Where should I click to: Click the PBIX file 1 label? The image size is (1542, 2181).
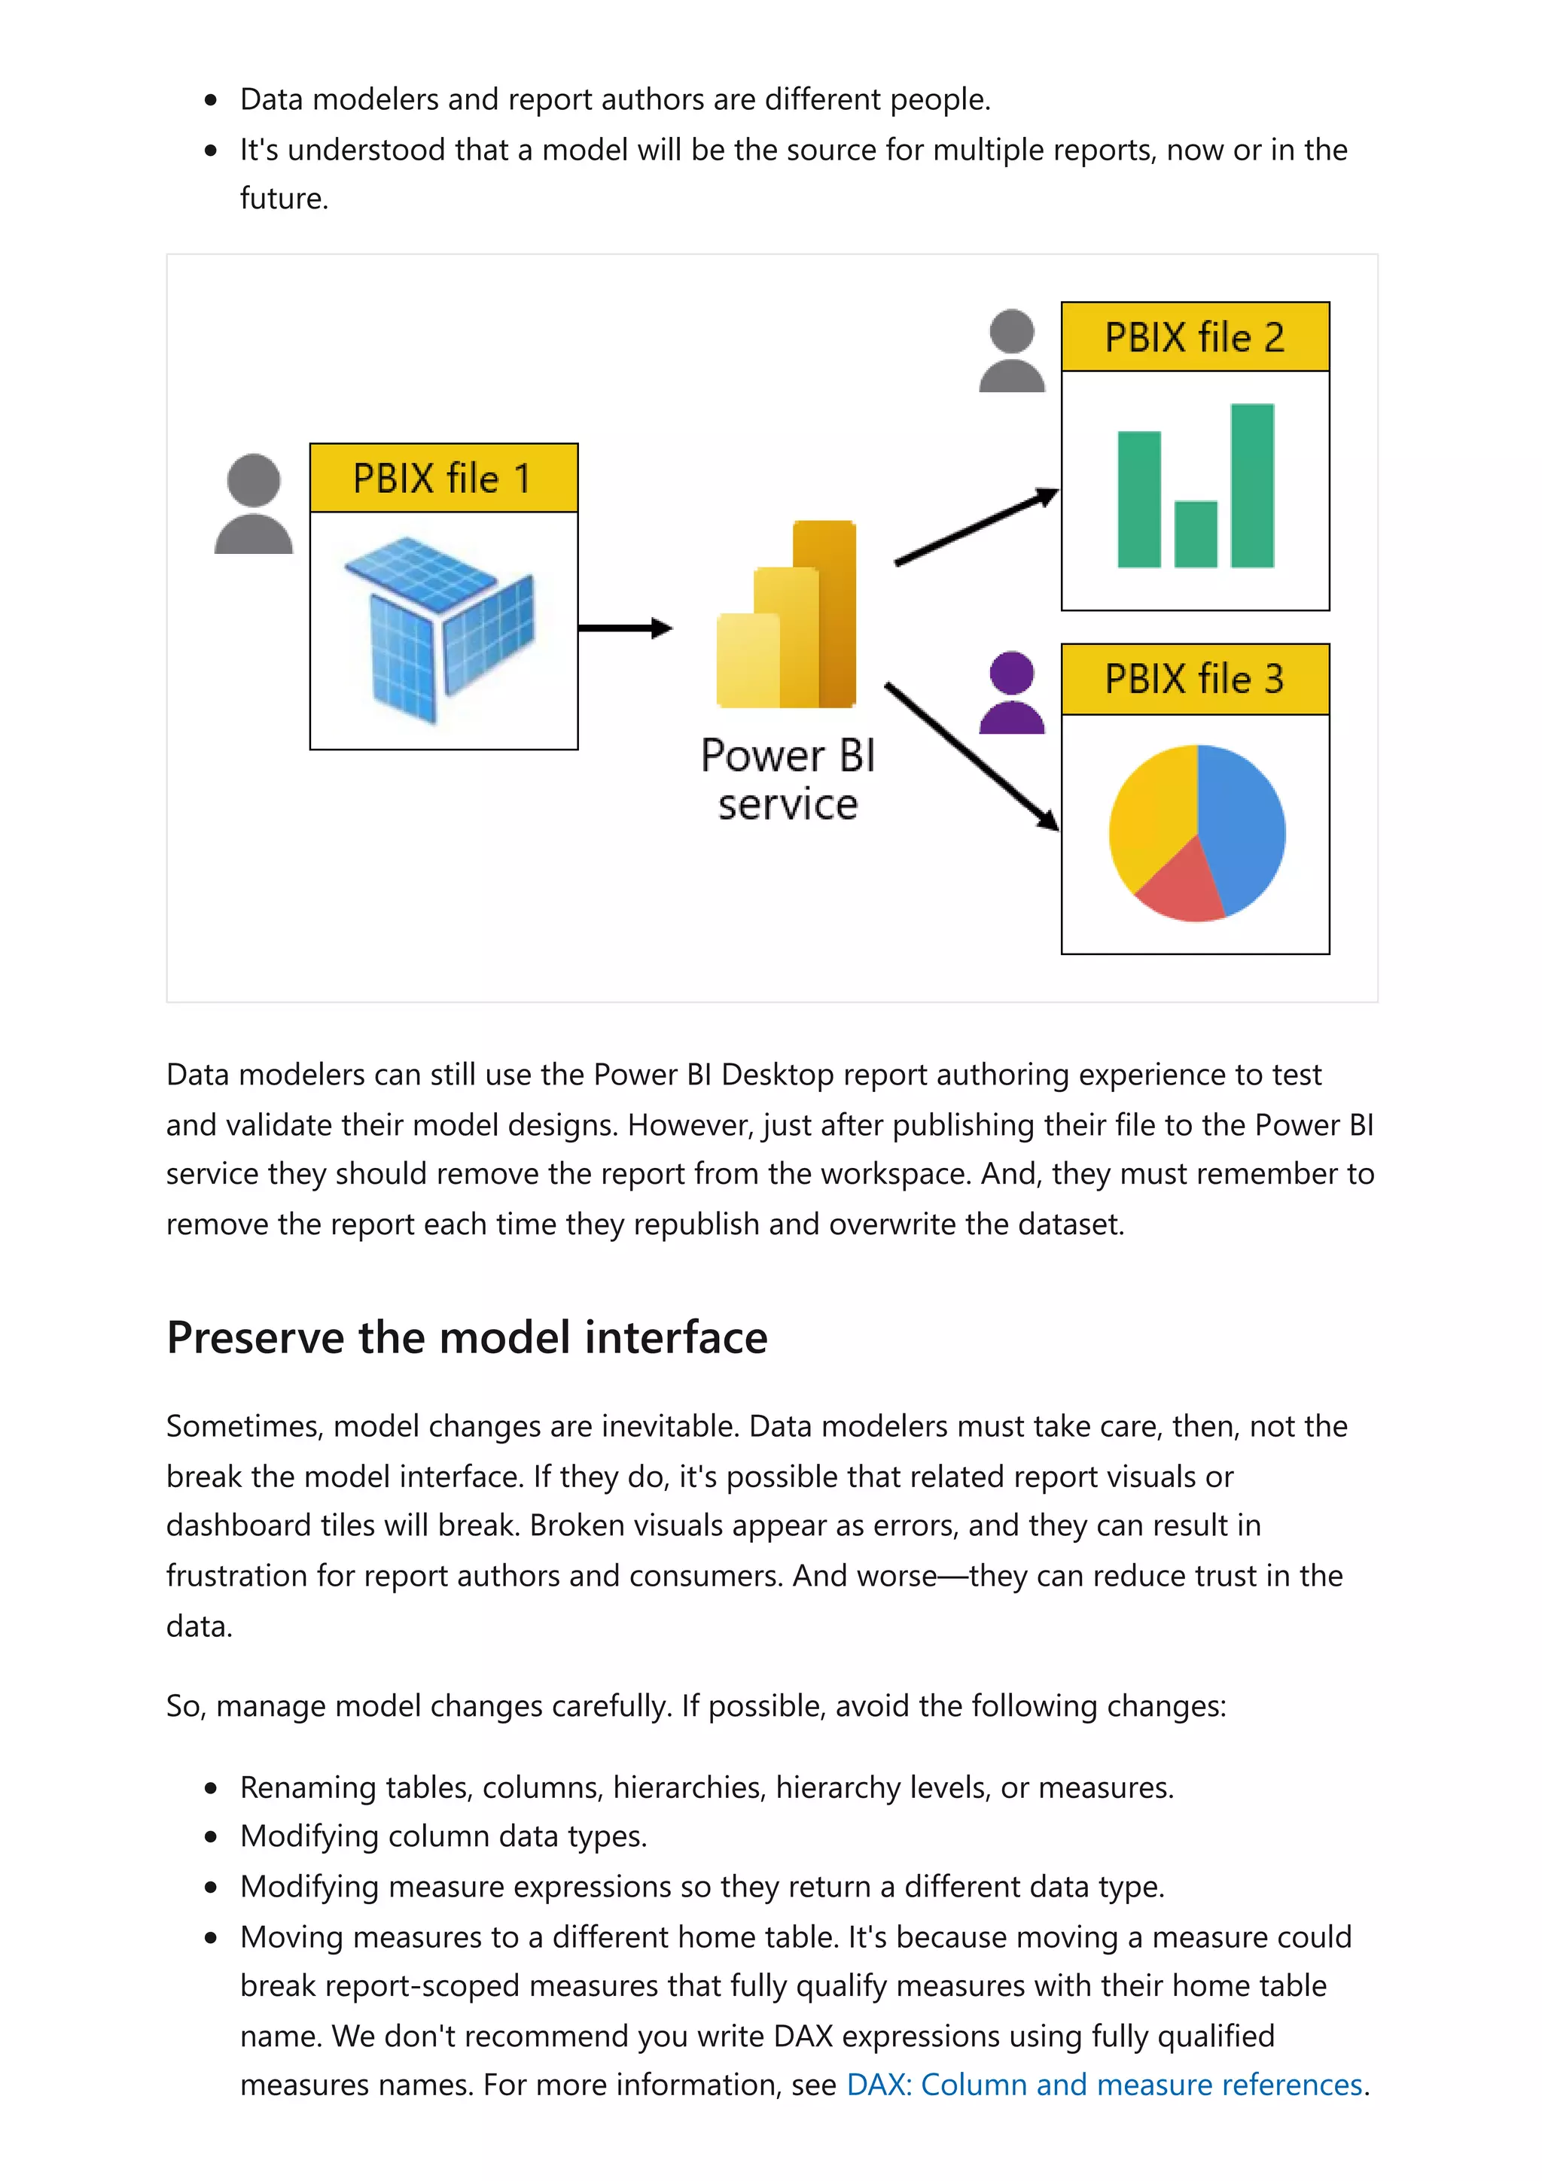(x=443, y=478)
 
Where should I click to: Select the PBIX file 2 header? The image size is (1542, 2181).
(x=1194, y=337)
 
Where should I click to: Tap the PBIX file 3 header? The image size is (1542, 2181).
(x=1194, y=679)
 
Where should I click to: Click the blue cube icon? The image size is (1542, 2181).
(x=440, y=627)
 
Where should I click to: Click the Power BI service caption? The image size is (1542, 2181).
(x=788, y=780)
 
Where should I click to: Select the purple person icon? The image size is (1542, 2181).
(x=1011, y=692)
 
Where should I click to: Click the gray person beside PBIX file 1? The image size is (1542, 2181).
(x=254, y=504)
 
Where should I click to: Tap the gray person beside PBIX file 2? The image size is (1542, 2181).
(x=1011, y=351)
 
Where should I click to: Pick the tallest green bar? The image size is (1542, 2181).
(x=1251, y=485)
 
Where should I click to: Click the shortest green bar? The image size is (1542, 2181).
(x=1194, y=534)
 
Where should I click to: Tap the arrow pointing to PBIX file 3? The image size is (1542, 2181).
(x=971, y=755)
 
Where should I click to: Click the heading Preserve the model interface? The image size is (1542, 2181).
(x=467, y=1337)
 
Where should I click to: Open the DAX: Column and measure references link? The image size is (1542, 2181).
(x=1104, y=2084)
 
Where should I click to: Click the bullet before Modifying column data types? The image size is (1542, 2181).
(x=211, y=1837)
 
